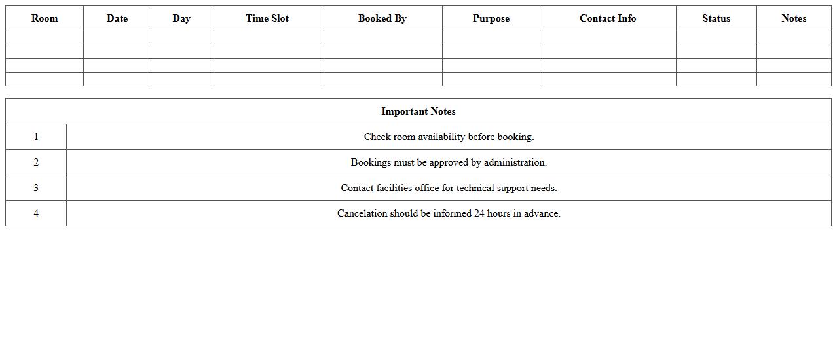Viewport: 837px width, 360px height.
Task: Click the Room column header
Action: (45, 18)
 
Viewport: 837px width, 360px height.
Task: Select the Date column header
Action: (117, 18)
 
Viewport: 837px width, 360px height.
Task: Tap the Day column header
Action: (181, 18)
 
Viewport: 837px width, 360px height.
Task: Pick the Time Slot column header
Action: (267, 18)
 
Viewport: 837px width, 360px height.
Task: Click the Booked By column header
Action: (382, 18)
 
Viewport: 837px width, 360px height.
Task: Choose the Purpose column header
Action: (491, 18)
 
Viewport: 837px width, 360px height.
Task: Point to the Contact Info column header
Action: (608, 18)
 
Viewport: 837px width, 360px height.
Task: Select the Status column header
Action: (716, 18)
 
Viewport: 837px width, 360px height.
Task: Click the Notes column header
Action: (794, 18)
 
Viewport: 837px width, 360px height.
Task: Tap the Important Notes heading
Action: (418, 111)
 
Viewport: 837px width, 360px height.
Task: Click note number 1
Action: (36, 137)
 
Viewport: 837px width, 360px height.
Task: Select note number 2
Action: (36, 162)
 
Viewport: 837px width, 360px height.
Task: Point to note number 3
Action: (36, 188)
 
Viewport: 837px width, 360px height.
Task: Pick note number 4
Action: (36, 213)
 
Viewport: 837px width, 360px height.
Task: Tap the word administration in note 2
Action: (515, 162)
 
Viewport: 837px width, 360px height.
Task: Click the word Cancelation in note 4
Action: (362, 213)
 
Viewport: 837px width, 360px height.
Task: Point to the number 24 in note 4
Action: (479, 213)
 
